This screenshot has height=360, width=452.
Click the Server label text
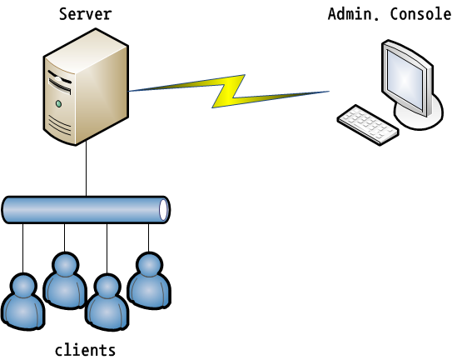coord(86,14)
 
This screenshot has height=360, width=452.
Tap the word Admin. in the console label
coord(354,14)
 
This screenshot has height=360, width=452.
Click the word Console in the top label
coord(421,14)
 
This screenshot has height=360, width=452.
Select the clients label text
coord(86,350)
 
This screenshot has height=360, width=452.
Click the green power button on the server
coord(58,103)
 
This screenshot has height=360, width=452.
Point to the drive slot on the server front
coord(60,86)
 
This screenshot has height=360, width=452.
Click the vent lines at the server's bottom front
coord(60,125)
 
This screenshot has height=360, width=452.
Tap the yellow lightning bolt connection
coord(229,91)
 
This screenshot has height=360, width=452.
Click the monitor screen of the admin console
coord(405,79)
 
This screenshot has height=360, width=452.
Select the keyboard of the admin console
coord(368,125)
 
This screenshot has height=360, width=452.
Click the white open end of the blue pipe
coord(164,210)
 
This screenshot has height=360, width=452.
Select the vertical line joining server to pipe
coord(86,169)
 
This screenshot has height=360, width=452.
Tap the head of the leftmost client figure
coord(23,286)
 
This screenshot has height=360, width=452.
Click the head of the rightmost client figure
coord(149,265)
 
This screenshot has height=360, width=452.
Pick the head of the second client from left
coord(66,265)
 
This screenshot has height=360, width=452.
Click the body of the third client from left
coord(107,314)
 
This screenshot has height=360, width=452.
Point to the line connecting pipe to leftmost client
coord(22,248)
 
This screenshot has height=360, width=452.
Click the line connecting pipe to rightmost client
coord(149,237)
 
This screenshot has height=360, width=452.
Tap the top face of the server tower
coord(86,51)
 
